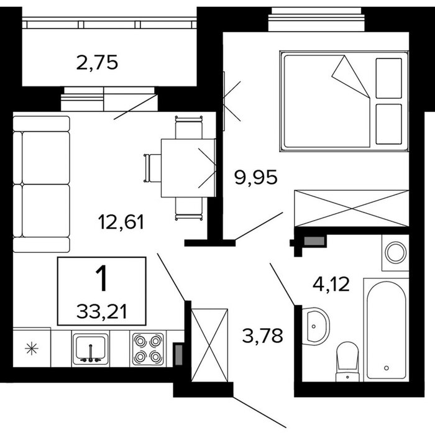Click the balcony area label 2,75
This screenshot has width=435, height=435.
coord(97,63)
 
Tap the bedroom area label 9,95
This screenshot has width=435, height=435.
coord(255,177)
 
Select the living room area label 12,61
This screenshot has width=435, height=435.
coord(121,222)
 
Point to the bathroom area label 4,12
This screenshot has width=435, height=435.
coord(331,284)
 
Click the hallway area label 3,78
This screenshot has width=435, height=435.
coord(262,335)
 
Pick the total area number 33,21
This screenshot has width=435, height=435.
coord(101,311)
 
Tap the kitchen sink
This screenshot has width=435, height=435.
coord(91,349)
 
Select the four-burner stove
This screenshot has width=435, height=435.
coord(148,349)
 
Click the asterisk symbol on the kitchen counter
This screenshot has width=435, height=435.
coord(31,349)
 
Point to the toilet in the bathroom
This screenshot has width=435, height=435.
coord(347,362)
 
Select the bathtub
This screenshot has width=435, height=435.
coord(386,330)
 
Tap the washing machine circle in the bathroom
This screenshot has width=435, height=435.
coord(396,252)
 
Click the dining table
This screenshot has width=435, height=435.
coord(188,168)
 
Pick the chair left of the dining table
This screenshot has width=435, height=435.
coord(152,168)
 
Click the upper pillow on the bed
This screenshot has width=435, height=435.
coord(388,78)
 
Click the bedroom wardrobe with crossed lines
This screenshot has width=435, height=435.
coord(352,208)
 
